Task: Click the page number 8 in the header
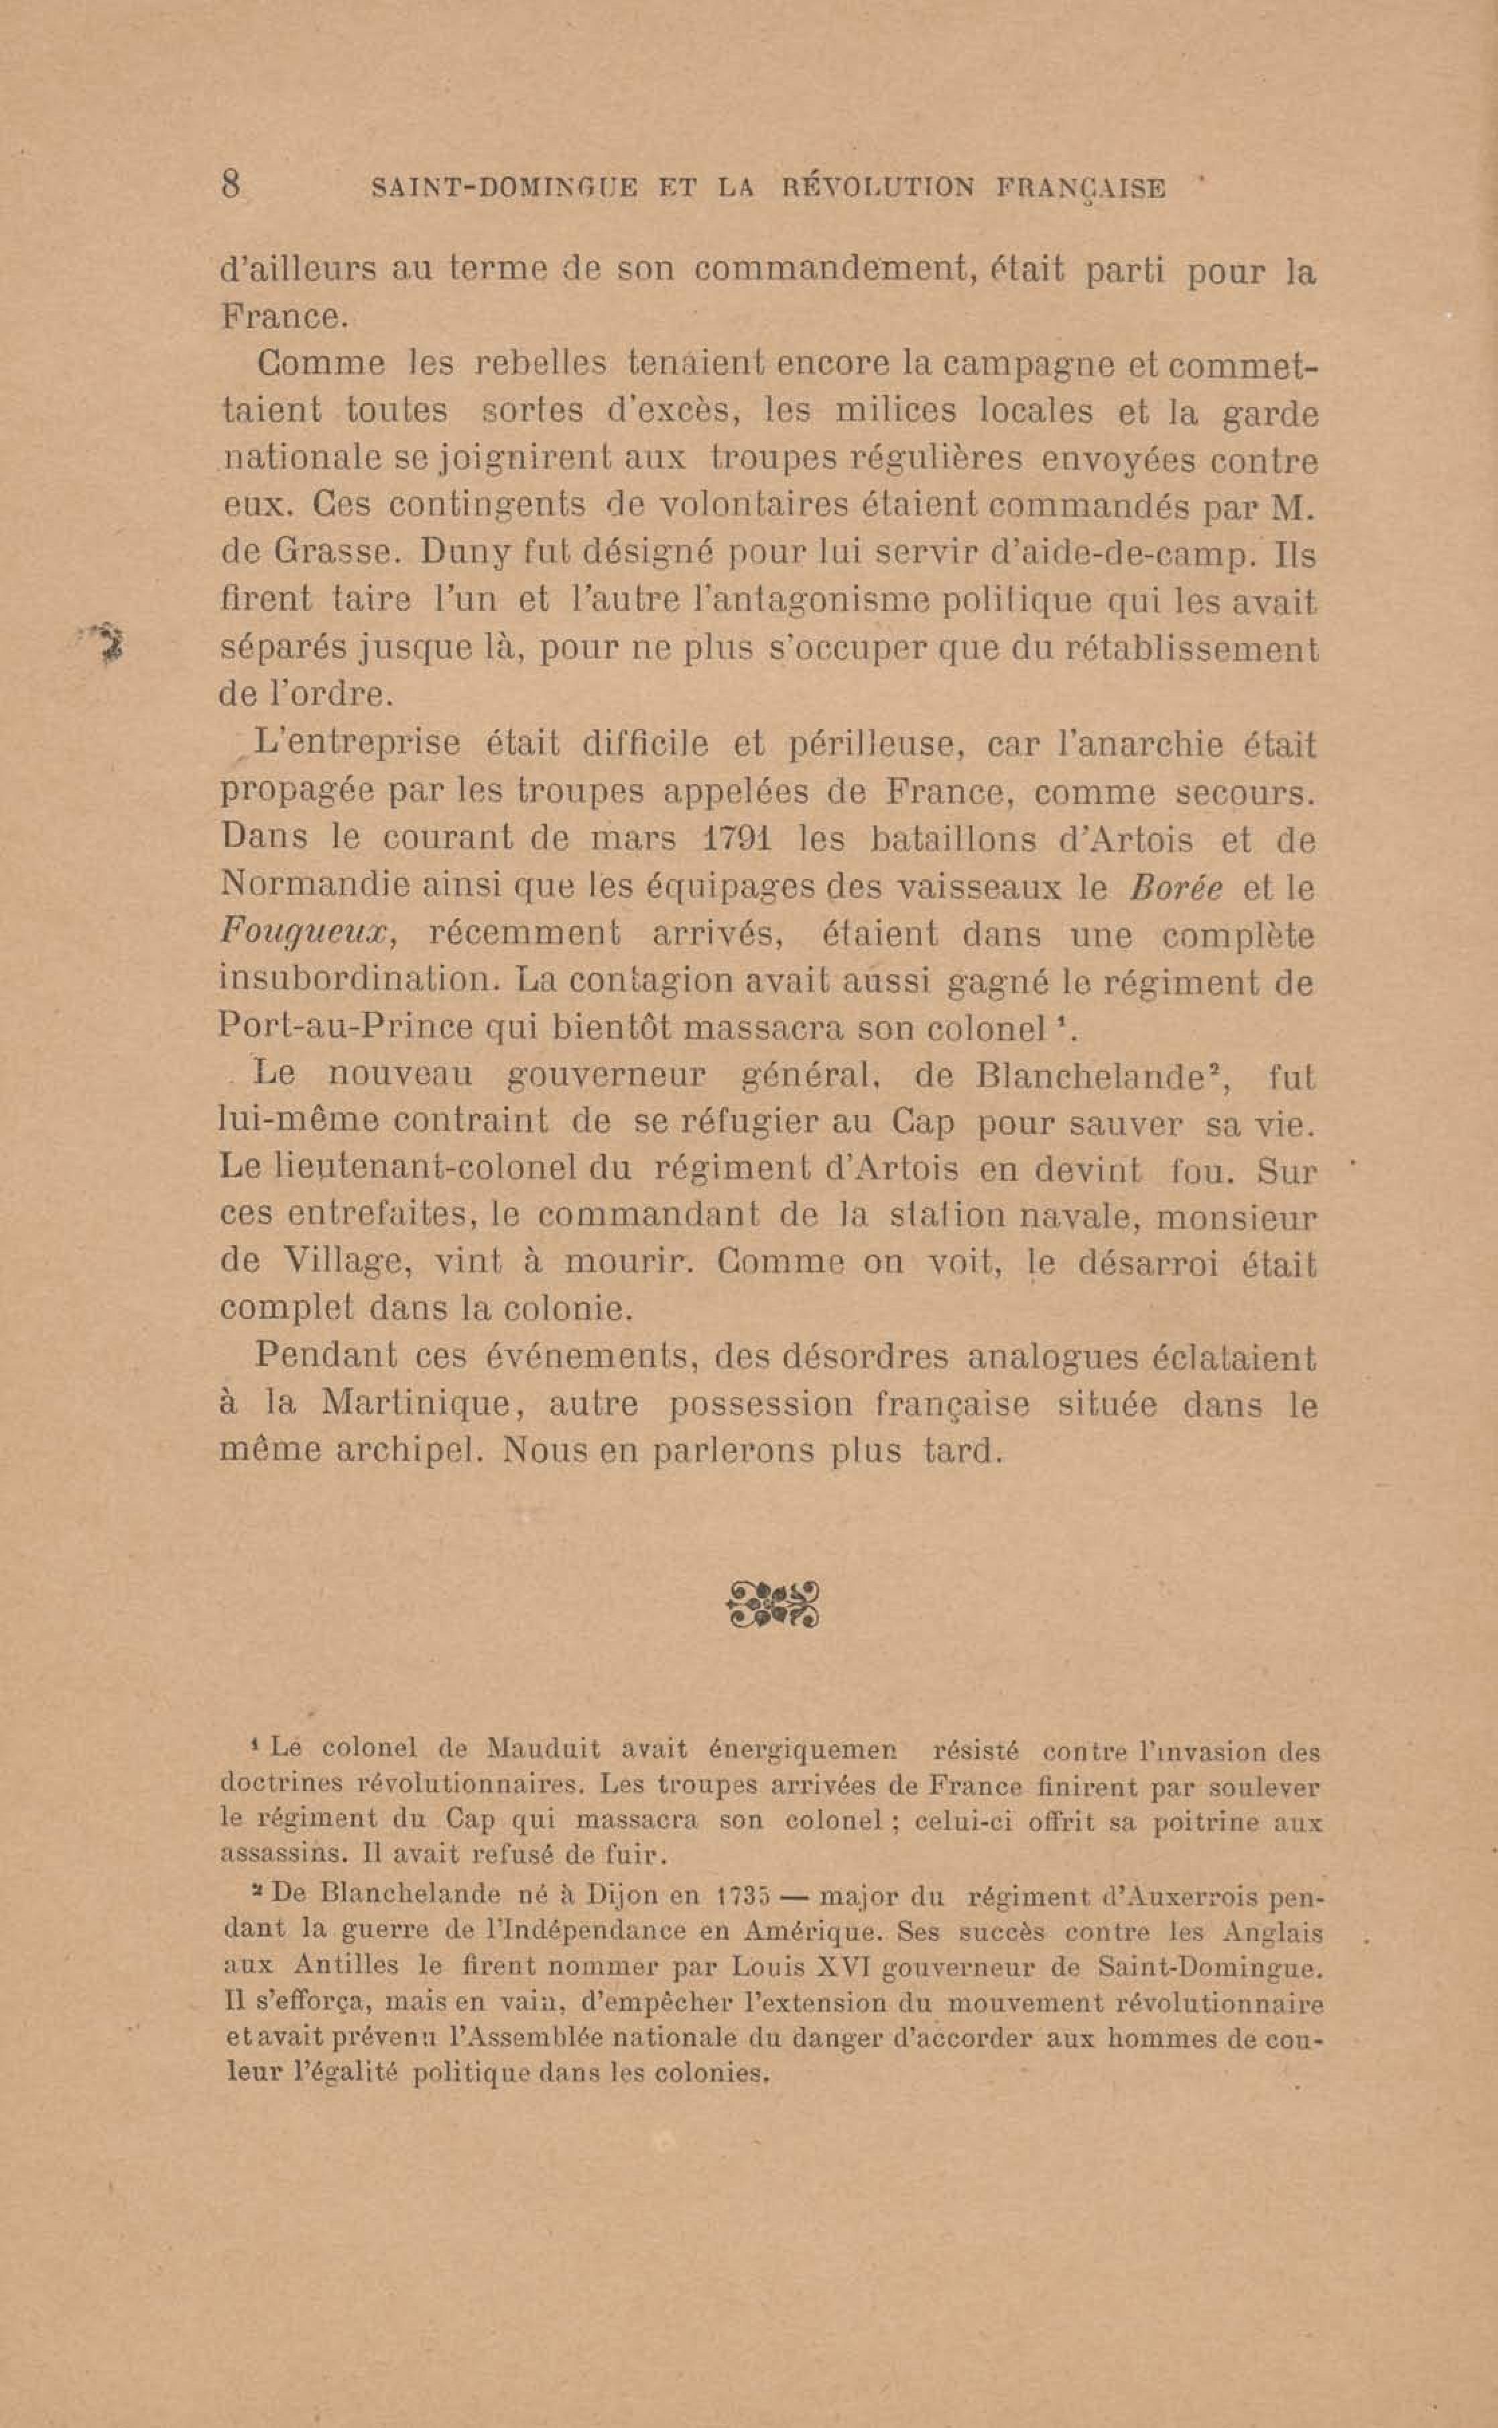tap(231, 185)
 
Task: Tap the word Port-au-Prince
tap(345, 1026)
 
